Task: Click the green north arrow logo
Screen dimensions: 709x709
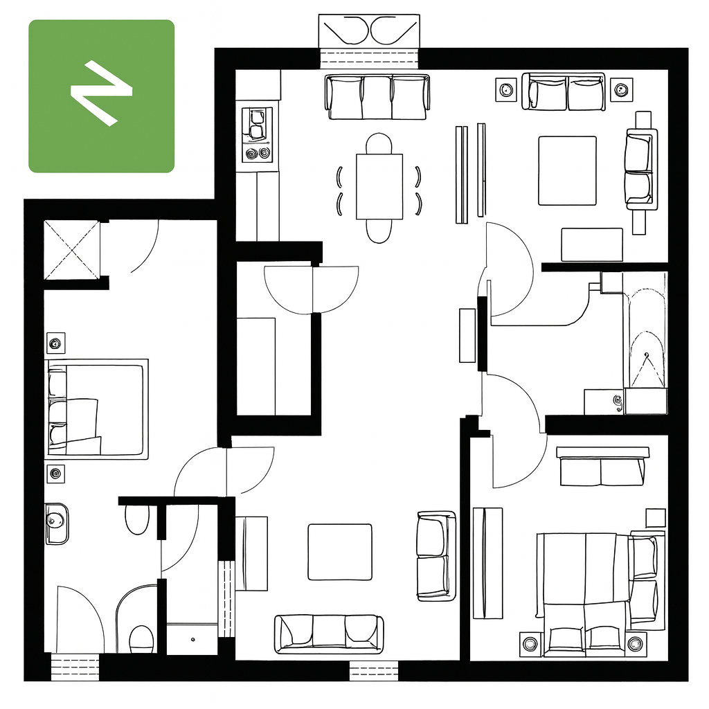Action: tap(101, 96)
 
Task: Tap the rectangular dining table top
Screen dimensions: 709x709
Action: tap(379, 187)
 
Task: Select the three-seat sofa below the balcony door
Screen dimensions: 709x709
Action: tap(377, 97)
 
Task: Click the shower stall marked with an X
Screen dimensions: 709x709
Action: tap(72, 250)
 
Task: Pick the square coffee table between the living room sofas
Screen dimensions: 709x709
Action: tap(340, 552)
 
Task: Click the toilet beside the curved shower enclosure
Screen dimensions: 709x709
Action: tap(141, 639)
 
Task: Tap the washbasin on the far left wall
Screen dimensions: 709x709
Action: tap(57, 523)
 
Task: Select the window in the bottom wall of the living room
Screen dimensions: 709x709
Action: tap(374, 671)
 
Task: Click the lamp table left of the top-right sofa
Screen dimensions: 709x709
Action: tap(506, 89)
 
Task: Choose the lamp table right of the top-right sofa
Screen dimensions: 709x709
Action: tap(622, 89)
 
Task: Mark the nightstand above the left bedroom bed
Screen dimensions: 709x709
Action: tap(56, 343)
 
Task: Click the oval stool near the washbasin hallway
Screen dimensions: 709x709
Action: tap(137, 519)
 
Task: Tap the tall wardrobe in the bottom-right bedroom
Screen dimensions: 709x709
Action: tap(488, 563)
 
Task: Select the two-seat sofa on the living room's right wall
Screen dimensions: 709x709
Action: tap(436, 556)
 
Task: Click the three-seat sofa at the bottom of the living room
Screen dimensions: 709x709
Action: tap(329, 634)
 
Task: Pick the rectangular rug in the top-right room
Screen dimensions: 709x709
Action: tap(568, 171)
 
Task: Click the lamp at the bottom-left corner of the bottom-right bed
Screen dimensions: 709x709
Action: tap(530, 643)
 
